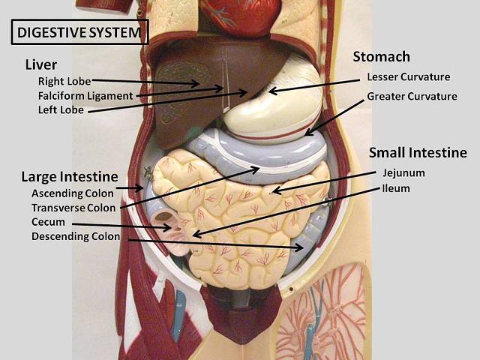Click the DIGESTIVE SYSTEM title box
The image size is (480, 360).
(79, 32)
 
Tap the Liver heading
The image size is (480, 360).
(40, 64)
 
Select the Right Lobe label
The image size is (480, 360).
(65, 80)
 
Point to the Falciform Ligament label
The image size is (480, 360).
(85, 95)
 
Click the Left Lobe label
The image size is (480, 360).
(61, 110)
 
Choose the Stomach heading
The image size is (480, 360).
(382, 57)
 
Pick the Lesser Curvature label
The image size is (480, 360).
(408, 76)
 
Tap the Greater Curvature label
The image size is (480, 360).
(412, 96)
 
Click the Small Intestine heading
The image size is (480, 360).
(418, 153)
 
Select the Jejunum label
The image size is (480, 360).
(403, 172)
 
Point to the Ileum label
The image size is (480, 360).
(395, 187)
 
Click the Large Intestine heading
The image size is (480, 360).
(70, 177)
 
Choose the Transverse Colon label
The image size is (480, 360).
(73, 208)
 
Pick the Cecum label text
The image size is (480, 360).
(48, 222)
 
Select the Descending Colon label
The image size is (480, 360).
(76, 237)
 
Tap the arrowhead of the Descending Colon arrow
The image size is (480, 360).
(301, 247)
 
